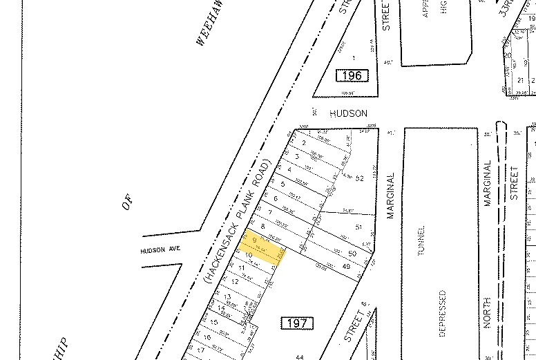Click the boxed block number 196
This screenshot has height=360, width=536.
[352, 75]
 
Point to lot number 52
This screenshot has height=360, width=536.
[359, 178]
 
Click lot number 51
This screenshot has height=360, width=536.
[358, 227]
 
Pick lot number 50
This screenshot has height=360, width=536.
[352, 254]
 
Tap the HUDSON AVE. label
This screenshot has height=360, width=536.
[159, 250]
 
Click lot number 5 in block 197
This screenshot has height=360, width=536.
[283, 183]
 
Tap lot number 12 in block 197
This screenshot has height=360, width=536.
[235, 281]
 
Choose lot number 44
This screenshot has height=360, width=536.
[300, 356]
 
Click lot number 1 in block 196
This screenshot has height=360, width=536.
[354, 58]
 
